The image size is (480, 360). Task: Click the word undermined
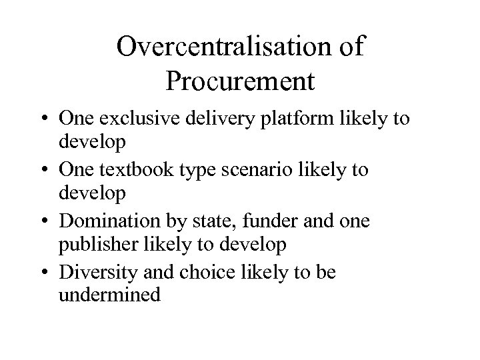[x=109, y=295]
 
